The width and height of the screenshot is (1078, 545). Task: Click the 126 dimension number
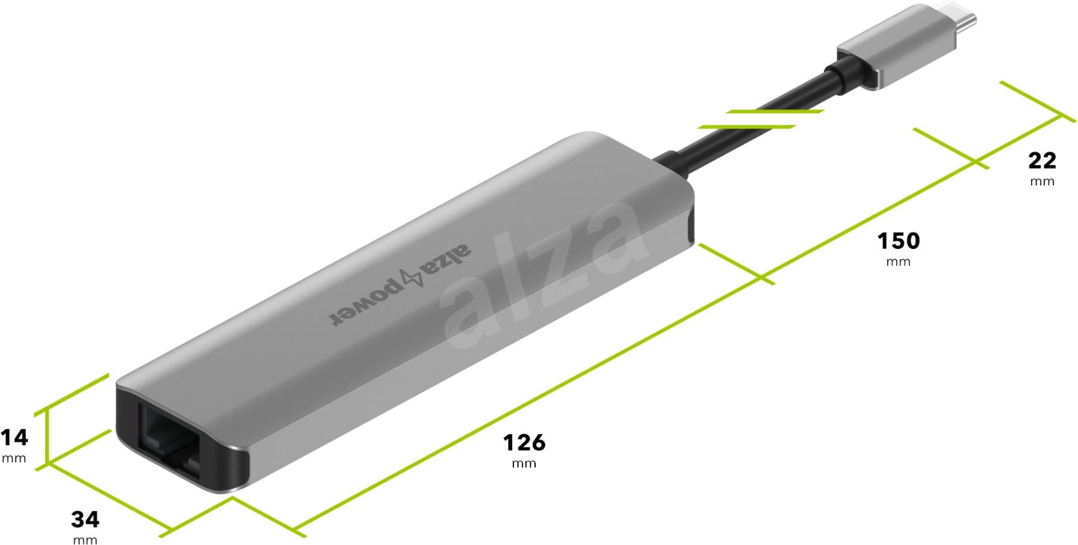pos(524,443)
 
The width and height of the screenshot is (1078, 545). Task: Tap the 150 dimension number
pos(898,241)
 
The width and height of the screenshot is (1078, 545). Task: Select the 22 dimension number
pos(1042,161)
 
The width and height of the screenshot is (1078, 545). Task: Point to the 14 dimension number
pos(14,437)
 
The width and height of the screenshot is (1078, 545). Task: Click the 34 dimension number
pos(85,519)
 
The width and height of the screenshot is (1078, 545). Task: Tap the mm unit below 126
pos(524,464)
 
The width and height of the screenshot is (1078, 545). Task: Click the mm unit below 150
pos(898,262)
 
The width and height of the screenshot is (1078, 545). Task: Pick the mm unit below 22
pos(1042,181)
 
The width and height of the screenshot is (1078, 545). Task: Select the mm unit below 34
pos(85,540)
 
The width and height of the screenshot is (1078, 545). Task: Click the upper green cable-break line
pos(775,112)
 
